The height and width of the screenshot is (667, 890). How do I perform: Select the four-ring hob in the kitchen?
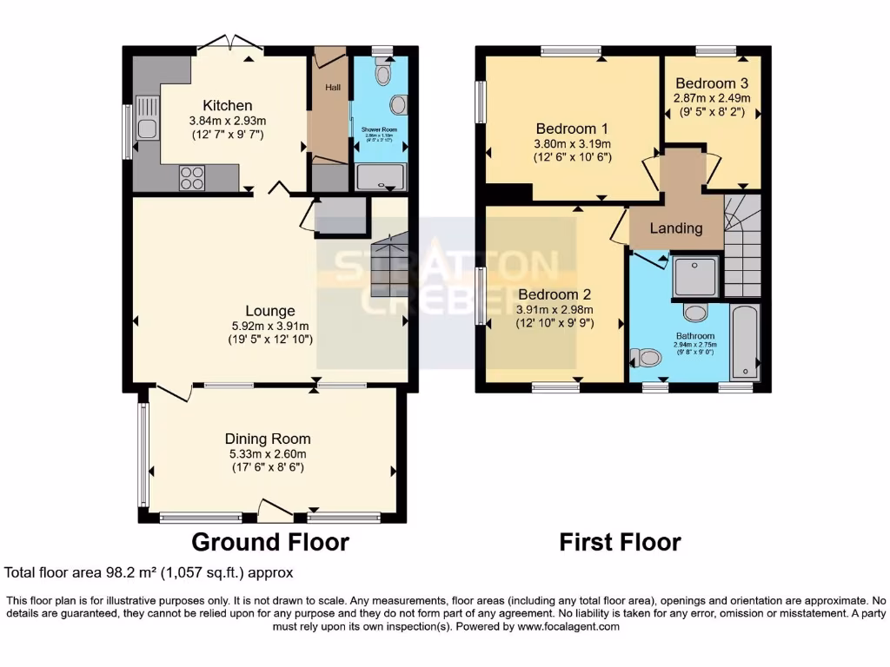(x=191, y=176)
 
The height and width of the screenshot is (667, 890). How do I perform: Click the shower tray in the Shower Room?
(x=380, y=176)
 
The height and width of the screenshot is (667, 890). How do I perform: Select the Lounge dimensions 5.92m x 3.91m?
(x=269, y=326)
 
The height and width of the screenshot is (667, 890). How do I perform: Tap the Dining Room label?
(x=267, y=439)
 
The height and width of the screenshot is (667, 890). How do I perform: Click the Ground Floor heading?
(x=269, y=543)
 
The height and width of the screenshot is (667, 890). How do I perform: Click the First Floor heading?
(x=620, y=543)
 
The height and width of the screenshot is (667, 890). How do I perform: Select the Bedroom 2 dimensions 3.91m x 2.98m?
(x=555, y=310)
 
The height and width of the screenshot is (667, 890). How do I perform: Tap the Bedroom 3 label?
(x=711, y=83)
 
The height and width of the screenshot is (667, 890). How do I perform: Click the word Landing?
(x=676, y=228)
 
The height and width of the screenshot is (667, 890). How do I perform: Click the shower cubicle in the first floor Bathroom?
(x=695, y=276)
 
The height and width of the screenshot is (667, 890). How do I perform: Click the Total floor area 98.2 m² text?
(x=149, y=572)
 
